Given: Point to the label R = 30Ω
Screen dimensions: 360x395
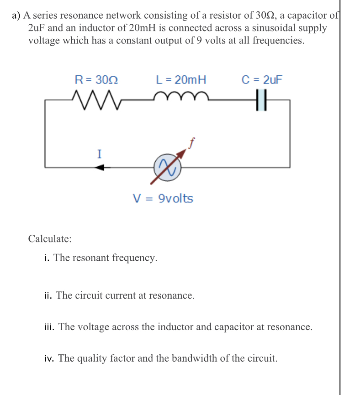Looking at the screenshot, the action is [96, 80].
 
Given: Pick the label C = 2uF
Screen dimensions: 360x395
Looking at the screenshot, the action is [262, 80].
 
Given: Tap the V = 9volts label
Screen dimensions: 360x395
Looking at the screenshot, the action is [163, 199].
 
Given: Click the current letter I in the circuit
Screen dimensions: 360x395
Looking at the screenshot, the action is [99, 154].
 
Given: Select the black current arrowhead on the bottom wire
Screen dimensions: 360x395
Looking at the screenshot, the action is [100, 168].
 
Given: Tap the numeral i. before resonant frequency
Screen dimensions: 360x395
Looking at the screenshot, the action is [47, 258].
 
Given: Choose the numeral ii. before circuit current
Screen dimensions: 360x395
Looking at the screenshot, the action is [49, 295].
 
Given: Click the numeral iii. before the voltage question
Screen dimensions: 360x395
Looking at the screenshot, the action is [50, 327].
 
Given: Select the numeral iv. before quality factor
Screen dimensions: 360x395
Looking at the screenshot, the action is [49, 358].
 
